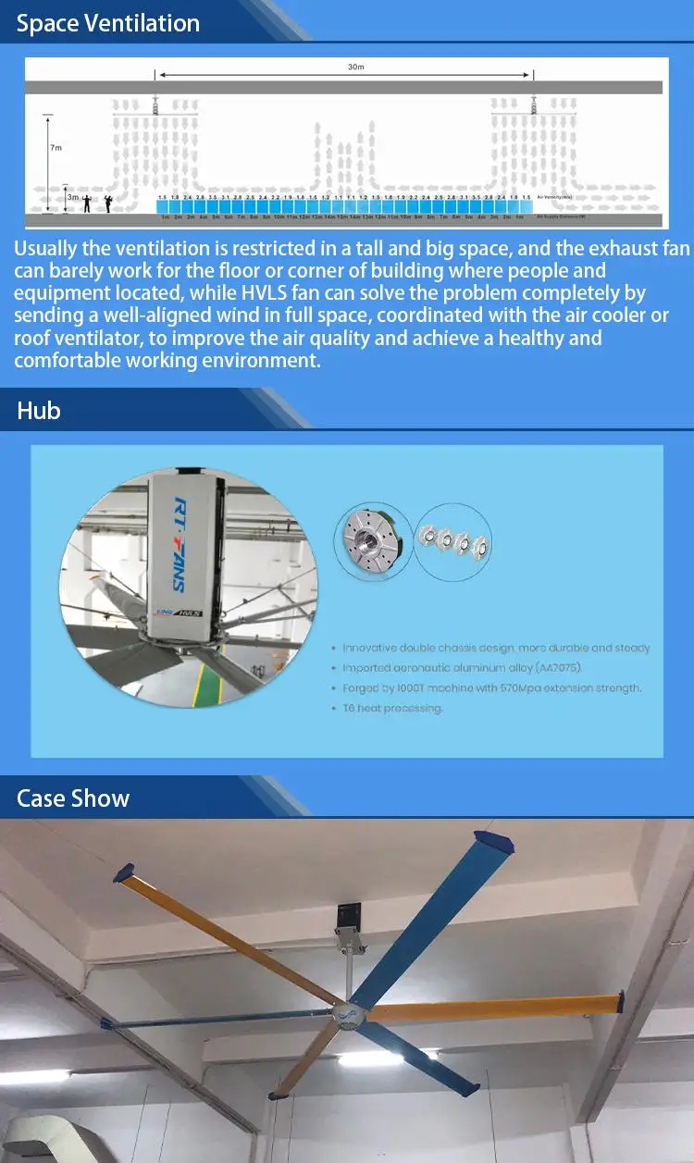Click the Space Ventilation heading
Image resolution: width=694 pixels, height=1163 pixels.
[x=108, y=23]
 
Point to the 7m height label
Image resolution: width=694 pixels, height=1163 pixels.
[x=56, y=147]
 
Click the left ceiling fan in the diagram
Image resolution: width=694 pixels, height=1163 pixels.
[x=155, y=104]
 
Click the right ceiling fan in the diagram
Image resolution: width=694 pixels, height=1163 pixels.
[x=532, y=104]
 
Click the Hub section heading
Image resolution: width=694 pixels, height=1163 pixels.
[x=39, y=410]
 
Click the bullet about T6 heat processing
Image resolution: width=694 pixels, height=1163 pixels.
[x=392, y=708]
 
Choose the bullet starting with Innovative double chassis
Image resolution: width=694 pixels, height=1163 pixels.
[x=496, y=648]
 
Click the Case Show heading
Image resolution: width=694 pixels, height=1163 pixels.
[x=73, y=798]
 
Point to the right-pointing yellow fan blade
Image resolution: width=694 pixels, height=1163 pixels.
[x=500, y=1007]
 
